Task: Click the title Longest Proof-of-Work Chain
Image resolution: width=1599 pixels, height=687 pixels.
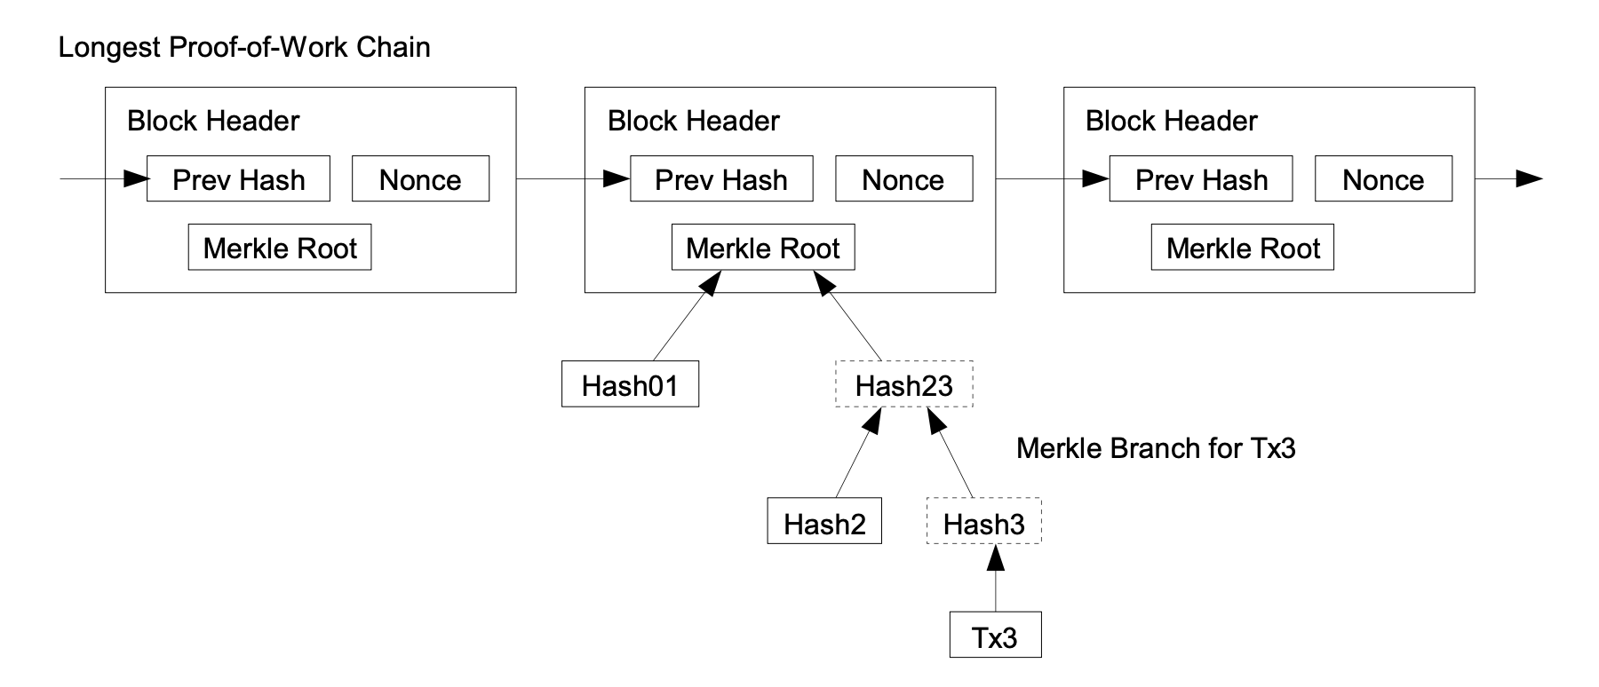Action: (x=244, y=47)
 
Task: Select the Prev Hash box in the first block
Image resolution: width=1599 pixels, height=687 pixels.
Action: (x=238, y=179)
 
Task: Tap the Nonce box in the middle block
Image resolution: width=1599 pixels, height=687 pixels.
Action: (x=903, y=179)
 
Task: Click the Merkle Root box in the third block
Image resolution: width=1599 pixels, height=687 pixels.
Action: (x=1242, y=248)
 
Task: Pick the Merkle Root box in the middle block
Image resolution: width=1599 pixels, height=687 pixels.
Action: (x=763, y=248)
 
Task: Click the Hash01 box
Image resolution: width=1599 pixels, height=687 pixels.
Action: (x=630, y=384)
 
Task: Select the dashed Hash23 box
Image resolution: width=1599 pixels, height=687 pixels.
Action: (x=903, y=384)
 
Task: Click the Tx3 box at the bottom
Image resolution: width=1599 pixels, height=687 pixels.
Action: (x=995, y=636)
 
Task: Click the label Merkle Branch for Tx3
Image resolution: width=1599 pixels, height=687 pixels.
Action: (x=1156, y=448)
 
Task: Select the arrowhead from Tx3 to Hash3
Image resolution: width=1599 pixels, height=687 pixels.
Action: (x=996, y=557)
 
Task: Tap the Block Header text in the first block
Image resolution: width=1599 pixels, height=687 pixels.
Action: (x=213, y=121)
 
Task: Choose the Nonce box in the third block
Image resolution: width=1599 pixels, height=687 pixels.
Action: (x=1383, y=179)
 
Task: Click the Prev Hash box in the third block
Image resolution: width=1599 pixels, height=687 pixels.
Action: (x=1201, y=179)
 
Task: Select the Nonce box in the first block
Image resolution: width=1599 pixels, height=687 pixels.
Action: (x=420, y=179)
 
